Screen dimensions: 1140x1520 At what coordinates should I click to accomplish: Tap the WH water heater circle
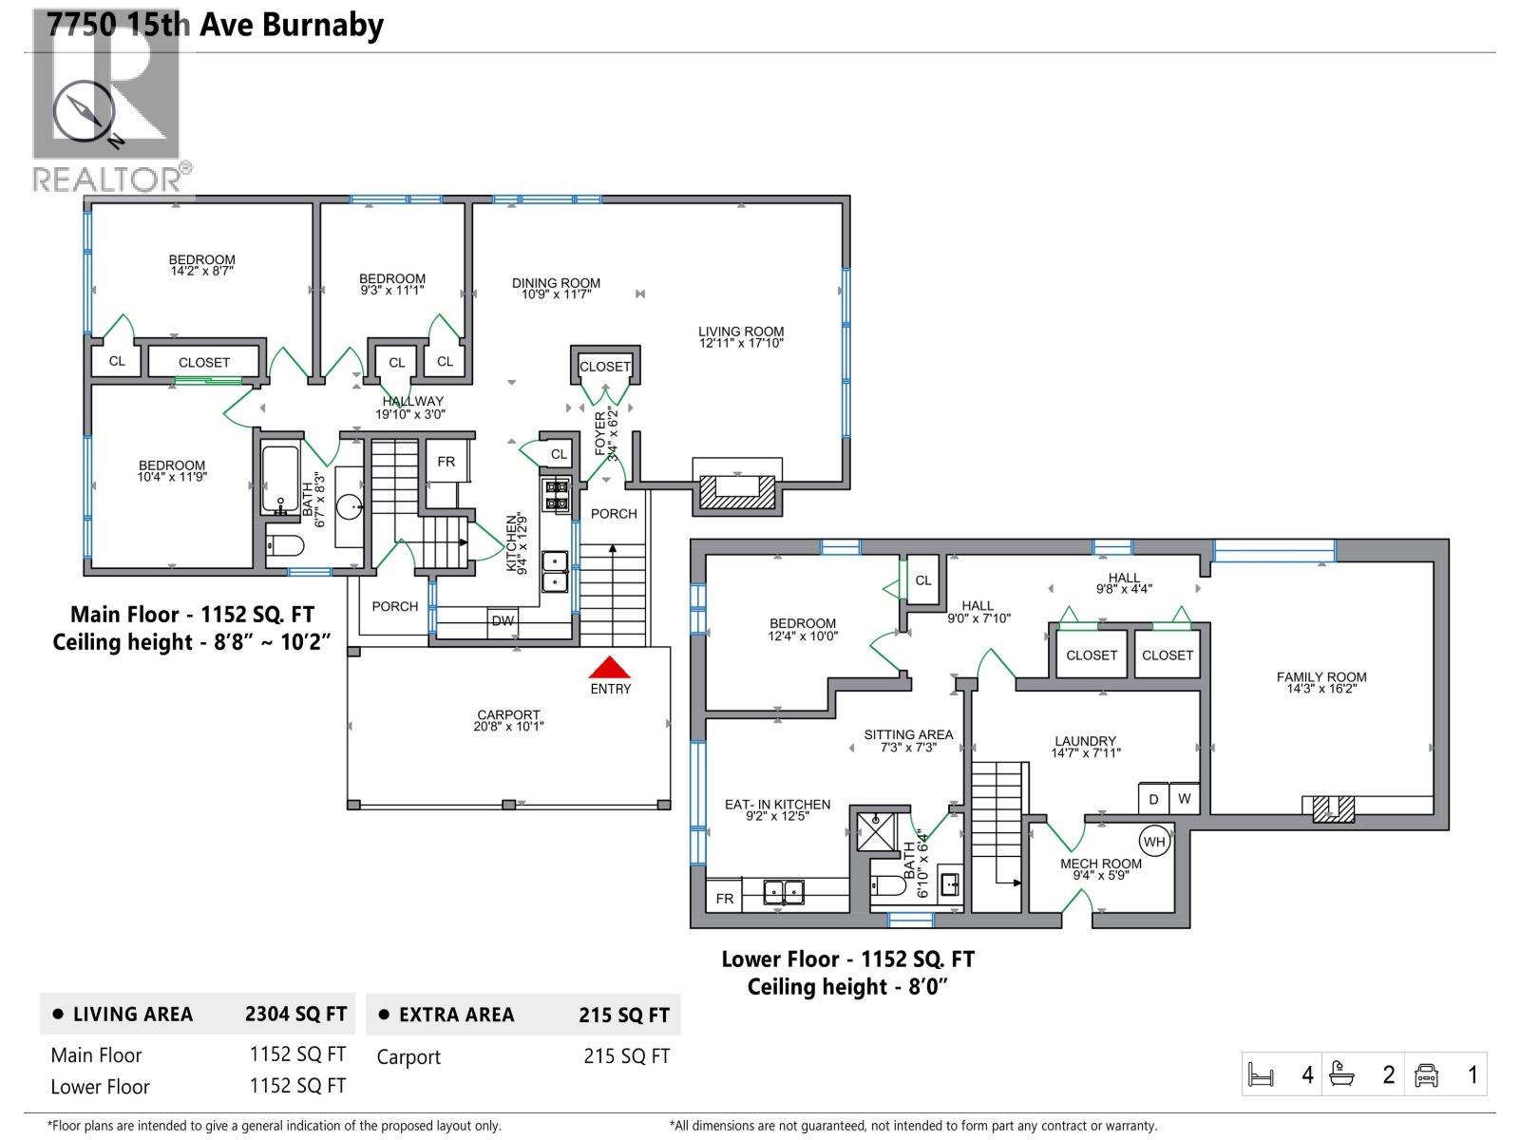pyautogui.click(x=1153, y=842)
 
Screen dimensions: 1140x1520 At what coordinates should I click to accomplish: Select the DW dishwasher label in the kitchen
pyautogui.click(x=503, y=621)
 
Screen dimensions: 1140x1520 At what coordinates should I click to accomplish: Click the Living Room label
pyautogui.click(x=741, y=336)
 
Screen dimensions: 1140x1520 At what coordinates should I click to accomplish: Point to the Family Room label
pyautogui.click(x=1321, y=682)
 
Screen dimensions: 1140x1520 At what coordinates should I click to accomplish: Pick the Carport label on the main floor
pyautogui.click(x=508, y=720)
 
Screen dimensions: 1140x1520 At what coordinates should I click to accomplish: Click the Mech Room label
pyautogui.click(x=1101, y=868)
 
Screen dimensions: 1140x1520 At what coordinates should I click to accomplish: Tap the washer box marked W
pyautogui.click(x=1184, y=799)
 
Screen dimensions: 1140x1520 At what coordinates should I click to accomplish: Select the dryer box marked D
pyautogui.click(x=1153, y=799)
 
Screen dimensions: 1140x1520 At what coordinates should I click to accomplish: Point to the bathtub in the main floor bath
pyautogui.click(x=280, y=480)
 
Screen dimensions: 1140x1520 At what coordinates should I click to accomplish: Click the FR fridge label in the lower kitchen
pyautogui.click(x=725, y=898)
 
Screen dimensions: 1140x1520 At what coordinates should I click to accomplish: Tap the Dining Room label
pyautogui.click(x=556, y=288)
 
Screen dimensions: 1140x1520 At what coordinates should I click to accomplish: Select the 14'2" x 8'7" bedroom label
pyautogui.click(x=201, y=265)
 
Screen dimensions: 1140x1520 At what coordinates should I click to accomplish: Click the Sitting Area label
pyautogui.click(x=908, y=740)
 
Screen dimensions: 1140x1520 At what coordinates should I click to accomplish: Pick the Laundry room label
pyautogui.click(x=1085, y=747)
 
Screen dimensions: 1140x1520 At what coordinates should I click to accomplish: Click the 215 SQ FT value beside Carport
pyautogui.click(x=626, y=1056)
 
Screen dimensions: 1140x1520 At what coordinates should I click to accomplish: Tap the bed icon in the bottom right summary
pyautogui.click(x=1261, y=1075)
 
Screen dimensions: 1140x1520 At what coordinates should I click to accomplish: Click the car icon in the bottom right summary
pyautogui.click(x=1426, y=1075)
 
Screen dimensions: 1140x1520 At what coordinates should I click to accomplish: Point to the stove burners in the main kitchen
pyautogui.click(x=556, y=495)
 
